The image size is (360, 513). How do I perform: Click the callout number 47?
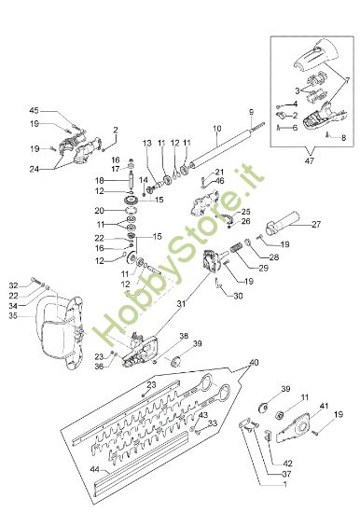[310, 161]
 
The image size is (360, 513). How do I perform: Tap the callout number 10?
[217, 129]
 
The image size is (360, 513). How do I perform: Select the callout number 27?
[316, 225]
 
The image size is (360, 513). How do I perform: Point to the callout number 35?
[13, 316]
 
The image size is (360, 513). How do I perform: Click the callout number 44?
[95, 470]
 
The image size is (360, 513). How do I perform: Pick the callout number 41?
[324, 406]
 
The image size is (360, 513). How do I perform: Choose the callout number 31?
[181, 304]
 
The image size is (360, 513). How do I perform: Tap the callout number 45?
[34, 111]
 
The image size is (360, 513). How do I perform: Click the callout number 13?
[147, 143]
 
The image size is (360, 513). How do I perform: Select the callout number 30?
[238, 296]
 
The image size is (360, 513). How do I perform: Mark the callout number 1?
[284, 484]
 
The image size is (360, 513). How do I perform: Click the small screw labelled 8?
[327, 134]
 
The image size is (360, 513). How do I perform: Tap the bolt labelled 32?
[35, 280]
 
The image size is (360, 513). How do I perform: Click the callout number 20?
[100, 211]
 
